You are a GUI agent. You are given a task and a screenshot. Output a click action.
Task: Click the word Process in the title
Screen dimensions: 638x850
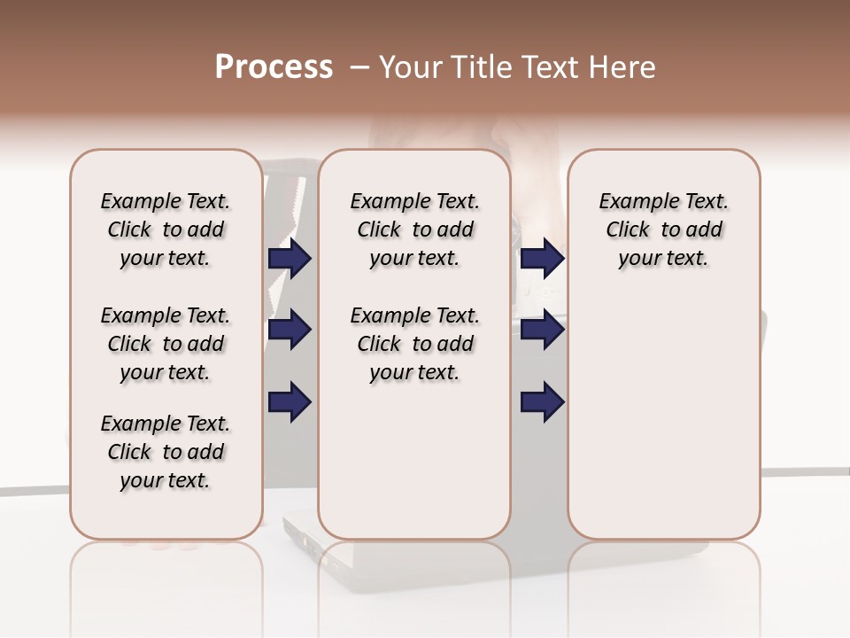274,67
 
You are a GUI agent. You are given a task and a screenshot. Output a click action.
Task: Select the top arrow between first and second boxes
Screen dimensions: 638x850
290,258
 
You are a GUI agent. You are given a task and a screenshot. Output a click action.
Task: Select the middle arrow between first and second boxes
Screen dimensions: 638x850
290,330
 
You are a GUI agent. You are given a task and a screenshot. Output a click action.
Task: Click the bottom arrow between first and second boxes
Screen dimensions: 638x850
290,401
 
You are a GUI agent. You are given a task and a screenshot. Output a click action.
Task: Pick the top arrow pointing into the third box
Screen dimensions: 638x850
542,258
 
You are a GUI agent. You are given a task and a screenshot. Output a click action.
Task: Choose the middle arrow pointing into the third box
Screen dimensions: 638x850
542,330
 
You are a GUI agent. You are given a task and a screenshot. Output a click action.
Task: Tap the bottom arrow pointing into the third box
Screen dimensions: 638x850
542,401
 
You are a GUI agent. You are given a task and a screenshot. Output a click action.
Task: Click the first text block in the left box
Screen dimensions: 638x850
166,230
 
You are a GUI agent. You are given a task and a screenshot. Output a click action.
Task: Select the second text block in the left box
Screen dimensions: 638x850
166,344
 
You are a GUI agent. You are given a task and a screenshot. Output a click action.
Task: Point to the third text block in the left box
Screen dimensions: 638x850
166,452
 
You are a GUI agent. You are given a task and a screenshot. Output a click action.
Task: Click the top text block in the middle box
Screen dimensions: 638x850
414,230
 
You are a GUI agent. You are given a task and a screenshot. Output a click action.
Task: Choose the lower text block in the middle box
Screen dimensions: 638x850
414,344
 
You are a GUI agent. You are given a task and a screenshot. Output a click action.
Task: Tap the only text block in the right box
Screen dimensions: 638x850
663,230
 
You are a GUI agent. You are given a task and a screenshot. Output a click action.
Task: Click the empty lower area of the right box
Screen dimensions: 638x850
663,416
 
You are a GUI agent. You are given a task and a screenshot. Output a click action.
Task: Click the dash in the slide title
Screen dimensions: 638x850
359,67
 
